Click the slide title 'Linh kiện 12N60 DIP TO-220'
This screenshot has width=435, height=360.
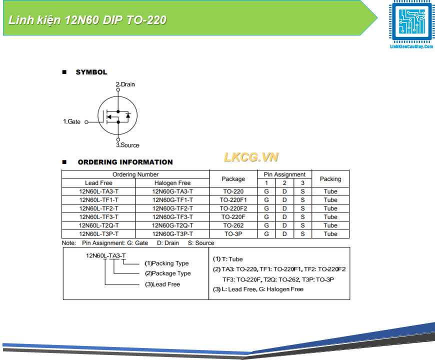point(87,20)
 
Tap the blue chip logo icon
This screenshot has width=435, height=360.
point(411,21)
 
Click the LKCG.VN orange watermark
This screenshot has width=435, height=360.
point(251,157)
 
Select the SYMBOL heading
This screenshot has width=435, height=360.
point(91,72)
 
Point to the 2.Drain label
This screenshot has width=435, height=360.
point(125,84)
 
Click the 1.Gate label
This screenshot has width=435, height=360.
point(71,121)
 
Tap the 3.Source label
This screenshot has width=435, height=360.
point(127,145)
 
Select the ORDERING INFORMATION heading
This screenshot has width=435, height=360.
point(125,162)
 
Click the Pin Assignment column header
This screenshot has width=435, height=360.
point(284,174)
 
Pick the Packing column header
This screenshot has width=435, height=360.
point(330,179)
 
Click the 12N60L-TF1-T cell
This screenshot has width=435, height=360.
point(99,200)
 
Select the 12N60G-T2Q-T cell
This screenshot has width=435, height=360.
point(172,225)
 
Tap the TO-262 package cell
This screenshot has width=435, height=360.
point(233,225)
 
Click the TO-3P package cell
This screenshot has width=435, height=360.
point(233,234)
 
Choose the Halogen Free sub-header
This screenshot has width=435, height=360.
point(172,183)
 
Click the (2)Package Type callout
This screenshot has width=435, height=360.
point(167,273)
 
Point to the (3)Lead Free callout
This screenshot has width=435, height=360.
point(162,284)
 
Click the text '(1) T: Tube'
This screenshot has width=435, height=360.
point(228,259)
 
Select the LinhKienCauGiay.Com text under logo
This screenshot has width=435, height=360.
point(411,46)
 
